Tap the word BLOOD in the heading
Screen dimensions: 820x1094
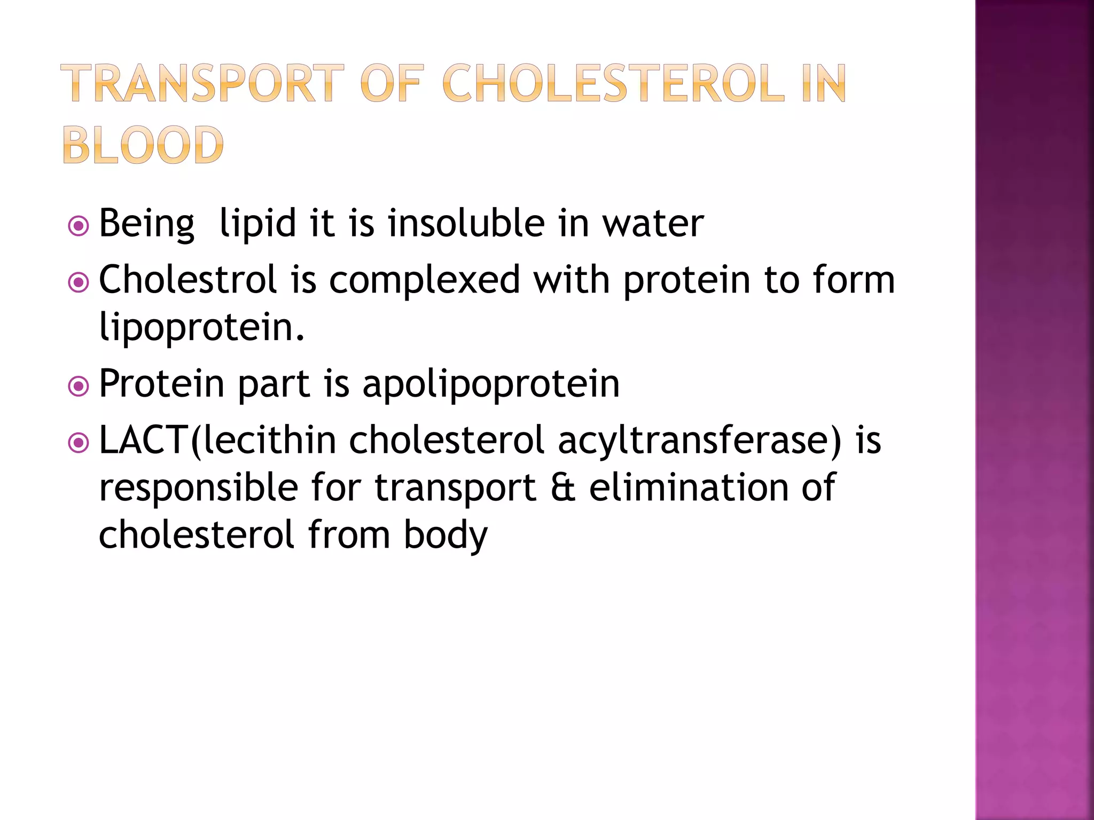point(143,145)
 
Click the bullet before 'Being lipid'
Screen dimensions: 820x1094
point(79,226)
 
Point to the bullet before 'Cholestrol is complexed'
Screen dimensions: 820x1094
point(79,282)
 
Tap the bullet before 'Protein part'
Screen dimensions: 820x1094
point(79,386)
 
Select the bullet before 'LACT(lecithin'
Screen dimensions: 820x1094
point(79,443)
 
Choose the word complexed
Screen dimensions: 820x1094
point(424,280)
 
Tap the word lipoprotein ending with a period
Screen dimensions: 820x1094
point(201,327)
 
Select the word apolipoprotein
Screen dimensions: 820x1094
point(491,384)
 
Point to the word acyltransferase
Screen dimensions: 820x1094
point(699,441)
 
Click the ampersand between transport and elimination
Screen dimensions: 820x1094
point(562,487)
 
